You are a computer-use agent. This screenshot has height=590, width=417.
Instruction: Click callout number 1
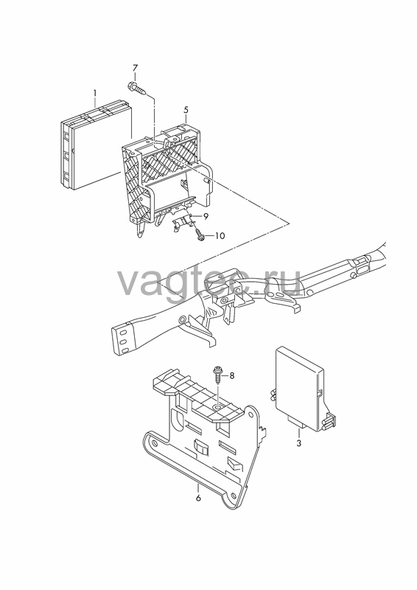[x=95, y=93]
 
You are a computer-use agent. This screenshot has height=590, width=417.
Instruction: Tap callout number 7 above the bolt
[x=135, y=69]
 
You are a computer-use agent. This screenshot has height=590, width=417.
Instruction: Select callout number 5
[x=186, y=110]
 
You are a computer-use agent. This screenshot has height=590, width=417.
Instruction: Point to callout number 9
[x=206, y=216]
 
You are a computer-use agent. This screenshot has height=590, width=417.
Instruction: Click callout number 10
[x=220, y=236]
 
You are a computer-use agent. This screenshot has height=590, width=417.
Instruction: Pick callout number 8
[x=231, y=375]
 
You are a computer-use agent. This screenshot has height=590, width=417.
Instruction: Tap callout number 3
[x=298, y=443]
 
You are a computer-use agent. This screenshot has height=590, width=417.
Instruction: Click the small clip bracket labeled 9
[x=183, y=223]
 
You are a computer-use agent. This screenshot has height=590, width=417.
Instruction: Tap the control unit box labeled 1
[x=97, y=145]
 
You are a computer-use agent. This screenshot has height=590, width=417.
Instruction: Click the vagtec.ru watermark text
[x=210, y=282]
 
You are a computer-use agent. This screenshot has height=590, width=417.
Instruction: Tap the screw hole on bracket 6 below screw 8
[x=218, y=407]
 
